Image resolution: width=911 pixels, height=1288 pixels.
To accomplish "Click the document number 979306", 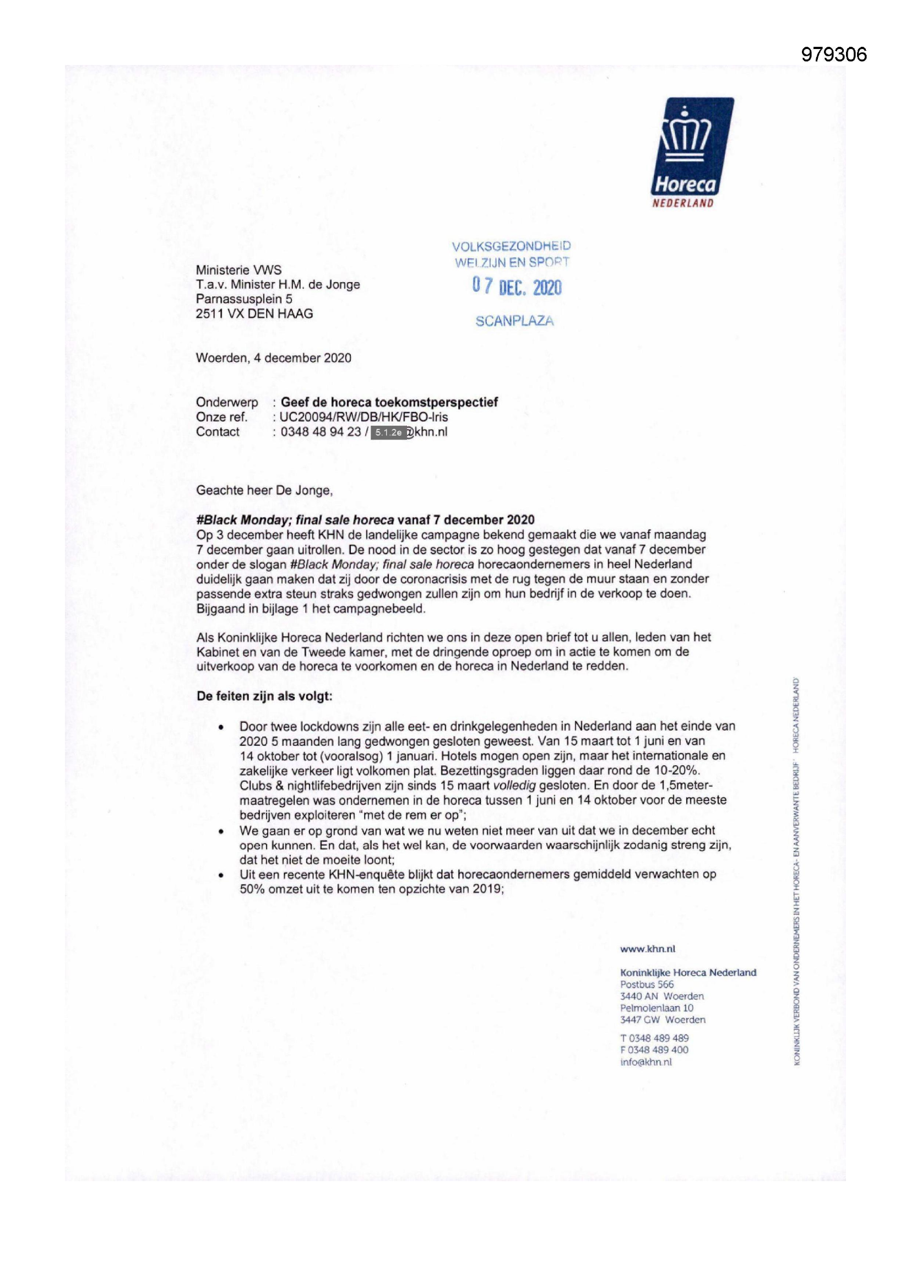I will (x=833, y=55).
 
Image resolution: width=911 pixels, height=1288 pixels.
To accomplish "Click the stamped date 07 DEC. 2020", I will (x=516, y=286).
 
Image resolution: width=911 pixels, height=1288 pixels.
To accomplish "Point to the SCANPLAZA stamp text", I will (x=514, y=321).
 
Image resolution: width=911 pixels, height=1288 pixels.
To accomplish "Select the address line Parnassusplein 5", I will (x=243, y=299).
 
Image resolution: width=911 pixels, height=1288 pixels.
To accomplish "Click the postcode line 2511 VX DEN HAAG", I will (x=254, y=313).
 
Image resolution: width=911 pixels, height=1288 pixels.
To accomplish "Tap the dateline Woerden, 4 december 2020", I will (x=273, y=358).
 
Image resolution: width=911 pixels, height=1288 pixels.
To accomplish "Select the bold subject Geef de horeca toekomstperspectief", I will (x=389, y=402).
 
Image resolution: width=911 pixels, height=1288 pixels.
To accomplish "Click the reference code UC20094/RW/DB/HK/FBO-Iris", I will (x=364, y=417).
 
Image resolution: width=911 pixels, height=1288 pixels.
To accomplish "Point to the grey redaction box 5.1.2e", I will (x=388, y=432).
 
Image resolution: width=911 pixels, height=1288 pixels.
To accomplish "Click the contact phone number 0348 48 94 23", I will (x=321, y=432).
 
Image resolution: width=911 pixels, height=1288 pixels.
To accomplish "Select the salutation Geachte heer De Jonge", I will (x=264, y=490).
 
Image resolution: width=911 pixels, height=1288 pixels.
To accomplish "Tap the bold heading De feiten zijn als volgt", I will (x=264, y=696).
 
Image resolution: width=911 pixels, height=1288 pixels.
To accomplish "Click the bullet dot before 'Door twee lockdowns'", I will (x=221, y=727).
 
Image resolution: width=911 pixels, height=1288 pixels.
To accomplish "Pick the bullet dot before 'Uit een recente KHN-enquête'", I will (x=221, y=875).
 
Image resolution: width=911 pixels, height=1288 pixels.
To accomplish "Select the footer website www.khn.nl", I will (x=647, y=949).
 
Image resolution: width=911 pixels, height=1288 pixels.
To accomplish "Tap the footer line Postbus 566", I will (x=647, y=984).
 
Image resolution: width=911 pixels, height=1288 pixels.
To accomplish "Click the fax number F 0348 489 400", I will (x=654, y=1049).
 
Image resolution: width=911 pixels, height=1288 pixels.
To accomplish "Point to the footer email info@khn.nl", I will (x=646, y=1062).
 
